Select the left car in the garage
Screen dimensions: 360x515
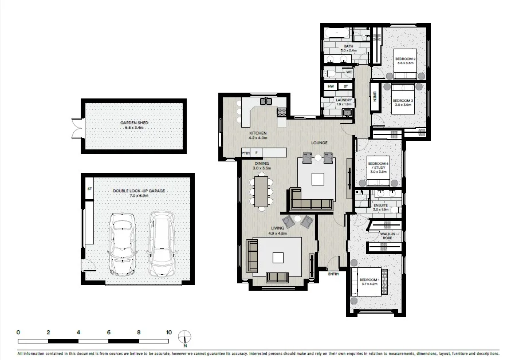tap(121, 242)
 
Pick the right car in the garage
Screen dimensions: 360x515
tap(161, 242)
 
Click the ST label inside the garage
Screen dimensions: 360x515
tap(89, 188)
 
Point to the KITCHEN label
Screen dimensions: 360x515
tap(258, 133)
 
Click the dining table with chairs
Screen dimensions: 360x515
tap(262, 191)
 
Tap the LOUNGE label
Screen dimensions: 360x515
tap(319, 143)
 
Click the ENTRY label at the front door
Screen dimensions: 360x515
tap(333, 274)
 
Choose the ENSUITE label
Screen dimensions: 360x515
tap(381, 205)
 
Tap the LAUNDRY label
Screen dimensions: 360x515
tap(344, 101)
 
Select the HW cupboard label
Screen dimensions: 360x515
tap(331, 86)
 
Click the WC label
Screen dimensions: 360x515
tap(348, 72)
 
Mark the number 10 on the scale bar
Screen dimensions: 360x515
tap(169, 332)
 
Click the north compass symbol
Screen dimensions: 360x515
tap(185, 338)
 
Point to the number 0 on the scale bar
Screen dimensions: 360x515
tap(18, 332)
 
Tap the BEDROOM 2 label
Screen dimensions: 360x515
tap(405, 60)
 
